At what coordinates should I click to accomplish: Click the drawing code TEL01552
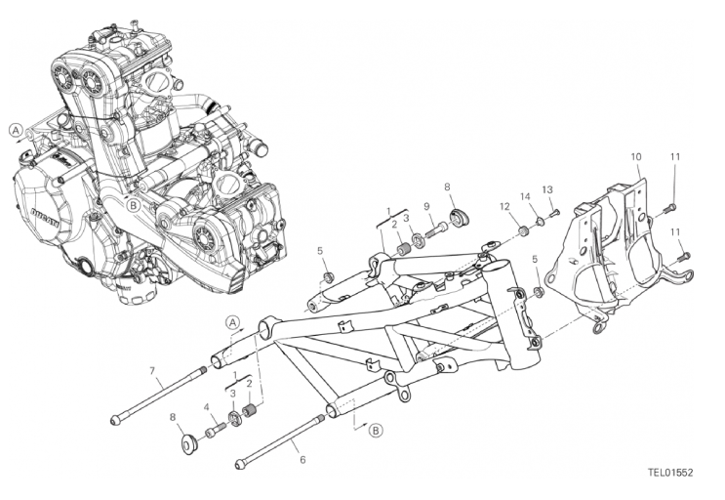670,473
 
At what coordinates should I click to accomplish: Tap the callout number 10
636,157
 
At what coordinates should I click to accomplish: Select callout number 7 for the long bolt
151,370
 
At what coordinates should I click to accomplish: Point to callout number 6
302,459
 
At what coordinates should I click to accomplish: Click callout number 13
547,189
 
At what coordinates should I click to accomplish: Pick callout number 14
525,196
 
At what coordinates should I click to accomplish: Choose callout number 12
504,206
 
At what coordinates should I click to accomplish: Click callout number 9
426,206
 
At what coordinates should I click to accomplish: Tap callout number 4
207,407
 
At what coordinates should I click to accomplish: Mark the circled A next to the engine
17,131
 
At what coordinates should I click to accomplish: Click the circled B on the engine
133,205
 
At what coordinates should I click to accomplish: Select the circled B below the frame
377,431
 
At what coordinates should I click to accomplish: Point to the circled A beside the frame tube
232,322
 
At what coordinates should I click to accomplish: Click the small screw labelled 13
555,214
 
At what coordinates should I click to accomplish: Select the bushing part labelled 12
523,230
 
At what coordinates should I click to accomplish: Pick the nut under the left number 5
328,277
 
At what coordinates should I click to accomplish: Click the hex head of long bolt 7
115,420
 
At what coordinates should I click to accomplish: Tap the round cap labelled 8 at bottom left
189,443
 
